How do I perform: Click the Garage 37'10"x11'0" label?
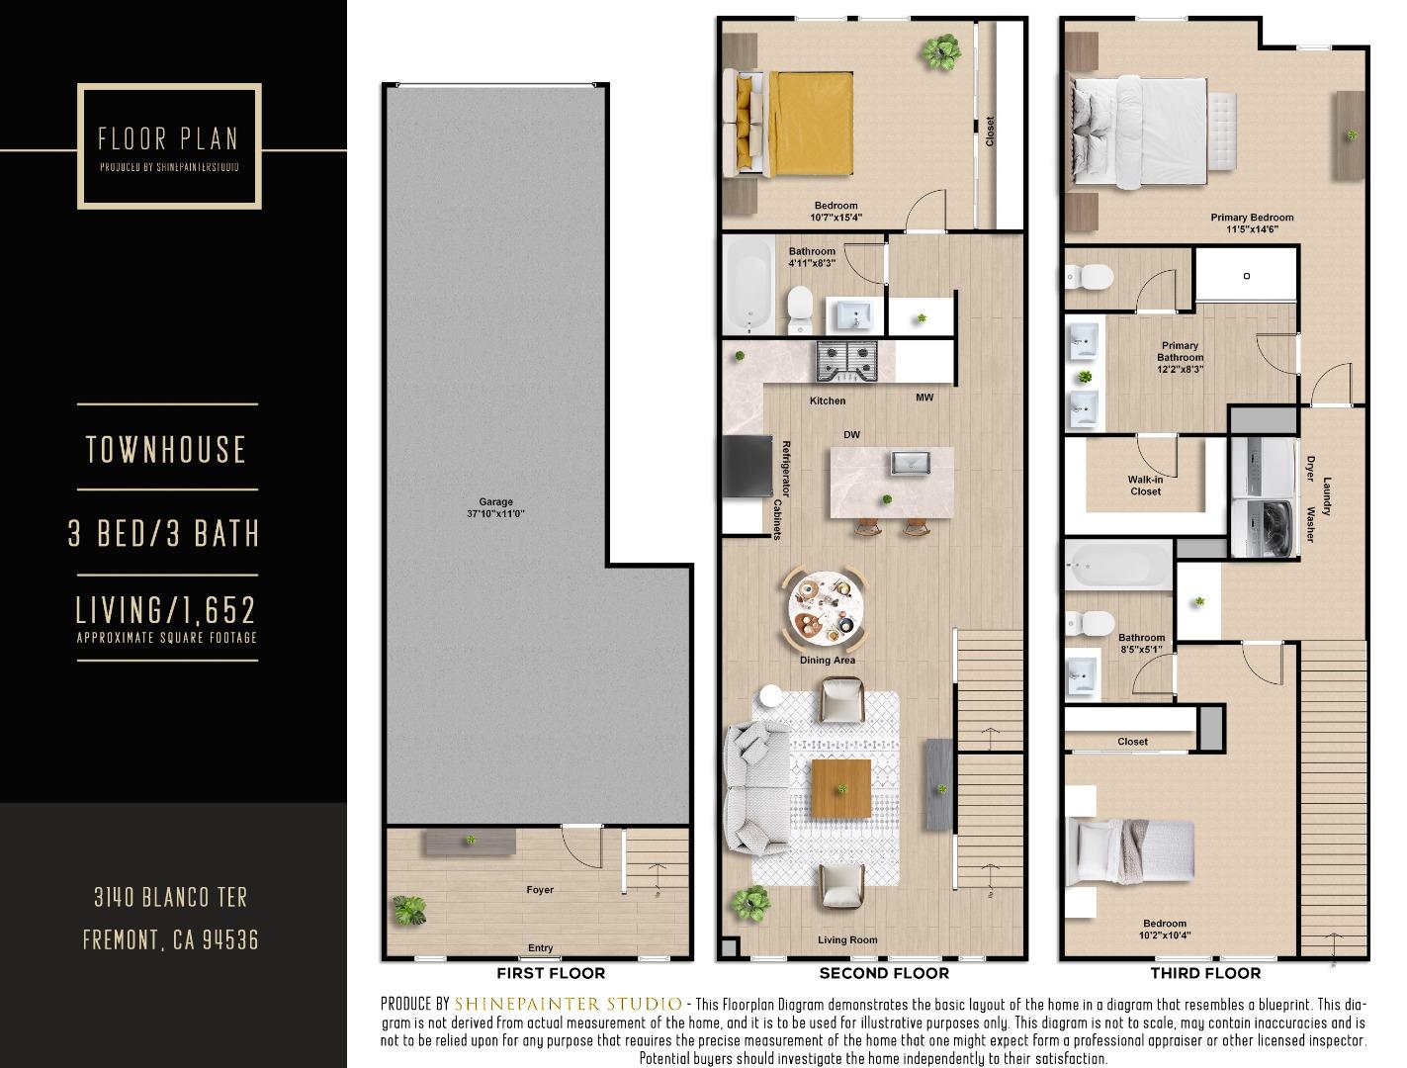[x=495, y=508]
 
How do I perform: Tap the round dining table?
[x=825, y=604]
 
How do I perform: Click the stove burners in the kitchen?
[x=847, y=361]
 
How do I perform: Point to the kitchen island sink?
[x=907, y=462]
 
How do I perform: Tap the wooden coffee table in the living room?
[x=841, y=788]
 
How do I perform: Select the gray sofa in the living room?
[x=756, y=787]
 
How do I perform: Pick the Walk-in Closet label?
[x=1145, y=486]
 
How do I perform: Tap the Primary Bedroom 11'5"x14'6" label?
[x=1252, y=223]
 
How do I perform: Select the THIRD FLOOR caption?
[x=1205, y=973]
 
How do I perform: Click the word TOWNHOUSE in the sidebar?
[x=166, y=450]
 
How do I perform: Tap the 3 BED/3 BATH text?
[x=164, y=534]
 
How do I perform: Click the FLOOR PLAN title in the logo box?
[x=168, y=138]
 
